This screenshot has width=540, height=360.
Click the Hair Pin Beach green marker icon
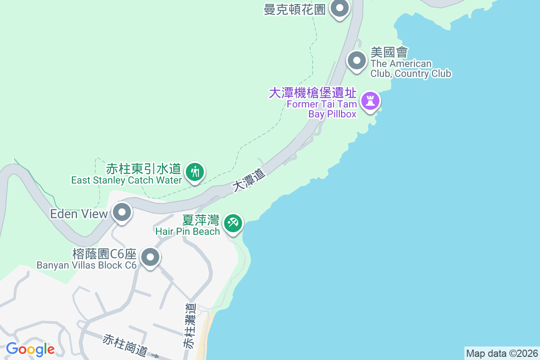pyautogui.click(x=233, y=222)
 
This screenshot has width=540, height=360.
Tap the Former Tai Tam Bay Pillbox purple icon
pyautogui.click(x=370, y=101)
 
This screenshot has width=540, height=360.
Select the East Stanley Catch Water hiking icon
pyautogui.click(x=195, y=172)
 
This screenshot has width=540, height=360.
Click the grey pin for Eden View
pyautogui.click(x=121, y=212)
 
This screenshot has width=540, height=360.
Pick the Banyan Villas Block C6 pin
pyautogui.click(x=150, y=257)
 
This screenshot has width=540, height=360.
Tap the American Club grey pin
pyautogui.click(x=357, y=60)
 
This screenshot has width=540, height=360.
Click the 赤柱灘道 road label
pyautogui.click(x=190, y=325)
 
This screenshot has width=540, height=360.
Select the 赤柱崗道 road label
pyautogui.click(x=125, y=345)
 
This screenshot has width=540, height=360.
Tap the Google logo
pyautogui.click(x=30, y=349)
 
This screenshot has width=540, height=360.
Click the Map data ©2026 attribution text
pyautogui.click(x=501, y=353)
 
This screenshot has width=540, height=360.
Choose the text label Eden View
pyautogui.click(x=79, y=214)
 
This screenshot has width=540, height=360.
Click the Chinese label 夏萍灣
pyautogui.click(x=201, y=220)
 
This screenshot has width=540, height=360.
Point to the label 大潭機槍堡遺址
pyautogui.click(x=313, y=93)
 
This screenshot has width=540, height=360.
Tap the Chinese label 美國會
pyautogui.click(x=389, y=53)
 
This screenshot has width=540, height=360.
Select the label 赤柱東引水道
pyautogui.click(x=143, y=169)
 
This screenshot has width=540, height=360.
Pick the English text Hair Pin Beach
pyautogui.click(x=188, y=231)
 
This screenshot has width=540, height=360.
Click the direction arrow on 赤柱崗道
pyautogui.click(x=155, y=356)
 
